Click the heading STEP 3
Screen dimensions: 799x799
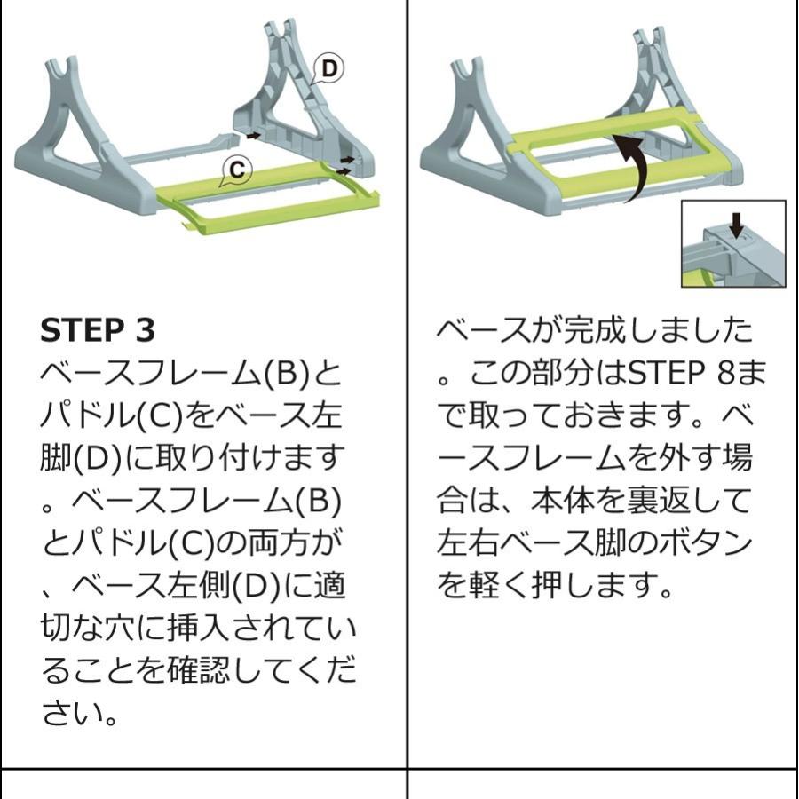98,329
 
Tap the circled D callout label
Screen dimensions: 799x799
330,68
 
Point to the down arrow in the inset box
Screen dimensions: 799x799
735,225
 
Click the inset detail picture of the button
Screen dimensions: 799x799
733,244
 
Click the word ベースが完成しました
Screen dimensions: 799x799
595,330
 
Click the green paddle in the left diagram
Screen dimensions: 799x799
266,195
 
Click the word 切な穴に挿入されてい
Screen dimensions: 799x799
198,629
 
